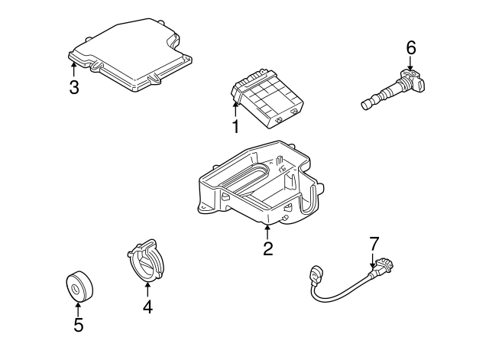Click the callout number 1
[235, 126]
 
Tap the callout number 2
[267, 248]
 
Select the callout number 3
[73, 87]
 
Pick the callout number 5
[78, 325]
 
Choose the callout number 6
[410, 48]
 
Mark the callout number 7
[374, 244]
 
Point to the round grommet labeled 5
[77, 287]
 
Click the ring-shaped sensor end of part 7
[316, 271]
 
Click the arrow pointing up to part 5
[78, 307]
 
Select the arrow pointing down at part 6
[410, 65]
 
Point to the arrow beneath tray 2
[267, 231]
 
